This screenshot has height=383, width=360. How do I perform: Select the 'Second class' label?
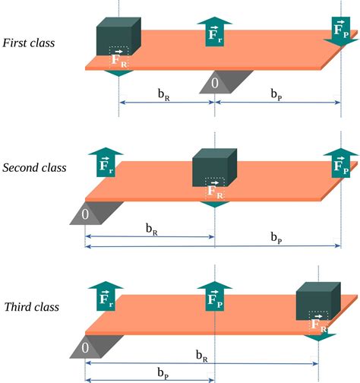click(34, 167)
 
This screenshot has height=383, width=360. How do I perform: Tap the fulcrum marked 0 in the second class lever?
click(86, 214)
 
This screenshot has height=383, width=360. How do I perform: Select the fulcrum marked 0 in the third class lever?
click(85, 347)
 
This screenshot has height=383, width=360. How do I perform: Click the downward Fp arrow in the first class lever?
click(341, 31)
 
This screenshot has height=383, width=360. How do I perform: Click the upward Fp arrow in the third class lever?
click(215, 297)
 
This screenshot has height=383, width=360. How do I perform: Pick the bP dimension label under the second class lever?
click(279, 238)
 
